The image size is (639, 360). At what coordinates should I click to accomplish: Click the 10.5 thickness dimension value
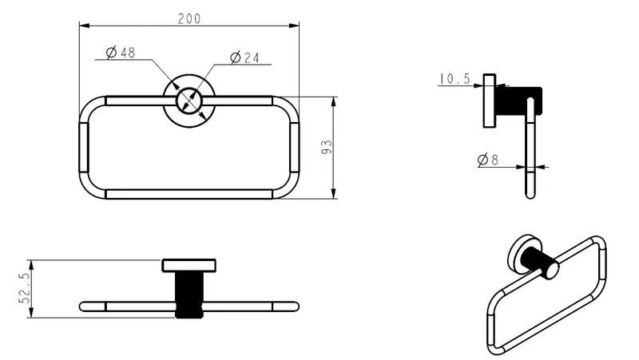coord(454,78)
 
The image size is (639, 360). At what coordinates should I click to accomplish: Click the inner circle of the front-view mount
coord(189,101)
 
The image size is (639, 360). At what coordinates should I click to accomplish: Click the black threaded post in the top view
coord(189,295)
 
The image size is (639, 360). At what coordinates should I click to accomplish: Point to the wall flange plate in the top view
coord(189,266)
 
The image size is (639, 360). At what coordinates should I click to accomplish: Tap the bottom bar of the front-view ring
coord(189,194)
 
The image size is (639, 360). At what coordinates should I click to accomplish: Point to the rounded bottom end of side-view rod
coord(530,192)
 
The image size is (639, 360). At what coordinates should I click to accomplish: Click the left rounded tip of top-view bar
coord(84,306)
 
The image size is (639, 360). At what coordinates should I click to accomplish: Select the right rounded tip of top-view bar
coord(294,306)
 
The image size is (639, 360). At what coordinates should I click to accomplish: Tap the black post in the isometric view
coord(542,264)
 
